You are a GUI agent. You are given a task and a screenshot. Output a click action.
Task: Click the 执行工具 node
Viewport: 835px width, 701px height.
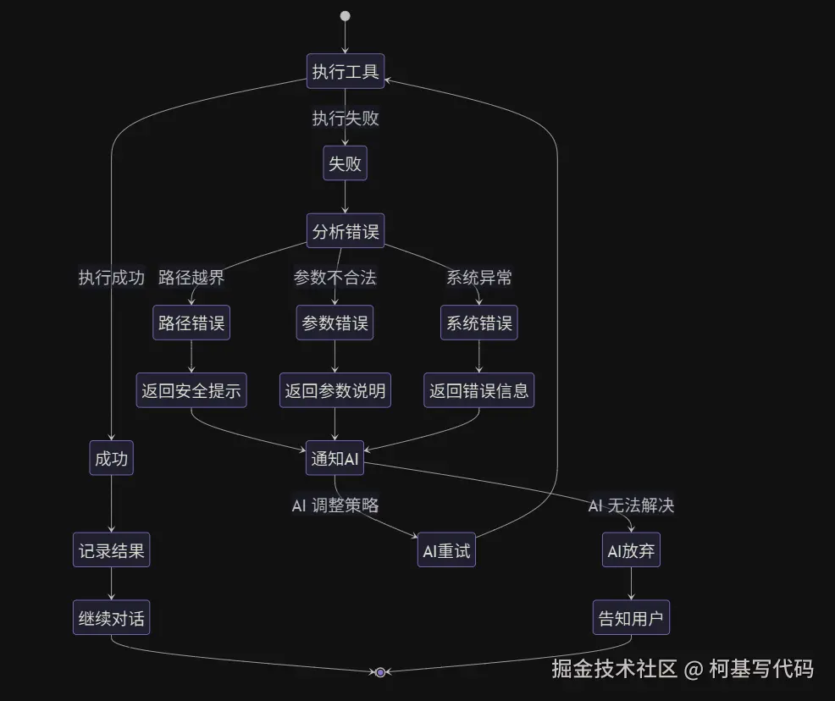pos(345,71)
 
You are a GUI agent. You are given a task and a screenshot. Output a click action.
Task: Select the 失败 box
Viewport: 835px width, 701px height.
pos(345,163)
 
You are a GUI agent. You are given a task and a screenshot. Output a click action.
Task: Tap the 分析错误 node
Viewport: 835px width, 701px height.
pos(345,231)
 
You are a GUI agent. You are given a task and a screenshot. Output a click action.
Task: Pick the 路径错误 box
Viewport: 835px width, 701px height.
pos(191,323)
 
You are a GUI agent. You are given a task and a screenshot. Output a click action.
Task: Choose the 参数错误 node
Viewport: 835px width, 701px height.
pos(335,323)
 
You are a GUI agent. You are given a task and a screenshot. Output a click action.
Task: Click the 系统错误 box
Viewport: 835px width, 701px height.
pos(479,323)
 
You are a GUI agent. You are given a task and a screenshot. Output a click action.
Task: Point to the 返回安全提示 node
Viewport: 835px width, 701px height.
pos(191,390)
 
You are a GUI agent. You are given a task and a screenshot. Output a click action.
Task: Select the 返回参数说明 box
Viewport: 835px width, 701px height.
pos(335,390)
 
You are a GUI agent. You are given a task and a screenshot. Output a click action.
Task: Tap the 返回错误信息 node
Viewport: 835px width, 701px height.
pos(479,390)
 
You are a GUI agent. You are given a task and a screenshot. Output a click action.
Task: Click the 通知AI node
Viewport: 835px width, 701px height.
pos(335,459)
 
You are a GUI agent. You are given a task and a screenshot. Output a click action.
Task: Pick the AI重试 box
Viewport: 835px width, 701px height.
pos(446,552)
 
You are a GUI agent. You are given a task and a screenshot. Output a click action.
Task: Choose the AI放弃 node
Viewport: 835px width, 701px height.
pos(631,552)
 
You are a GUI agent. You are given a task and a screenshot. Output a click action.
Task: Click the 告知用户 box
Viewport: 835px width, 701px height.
pos(631,619)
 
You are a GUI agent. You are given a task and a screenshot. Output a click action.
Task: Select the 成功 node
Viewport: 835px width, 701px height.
pos(112,459)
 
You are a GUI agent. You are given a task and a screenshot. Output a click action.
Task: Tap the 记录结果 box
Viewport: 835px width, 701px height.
pos(112,552)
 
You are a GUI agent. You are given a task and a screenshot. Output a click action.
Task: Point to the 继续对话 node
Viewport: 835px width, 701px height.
pos(112,619)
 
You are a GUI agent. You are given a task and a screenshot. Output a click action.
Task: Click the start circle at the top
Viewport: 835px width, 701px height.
pos(345,16)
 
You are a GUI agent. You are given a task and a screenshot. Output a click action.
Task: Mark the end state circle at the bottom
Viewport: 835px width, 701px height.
pos(380,672)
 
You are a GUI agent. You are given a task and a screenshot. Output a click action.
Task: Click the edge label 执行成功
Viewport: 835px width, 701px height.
pos(112,278)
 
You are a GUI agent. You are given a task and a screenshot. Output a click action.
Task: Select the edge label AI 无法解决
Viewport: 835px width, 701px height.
pos(631,506)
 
